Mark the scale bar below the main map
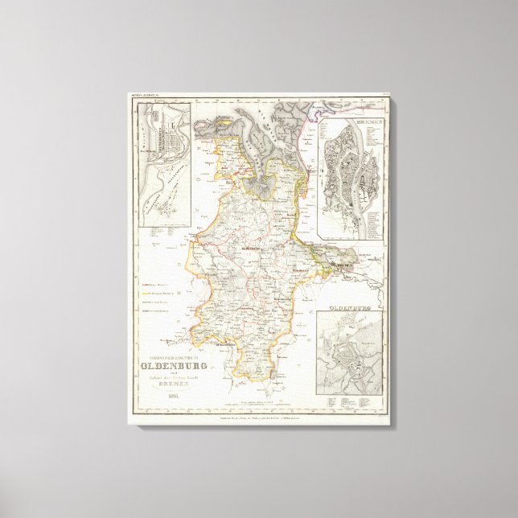click(257, 397)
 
